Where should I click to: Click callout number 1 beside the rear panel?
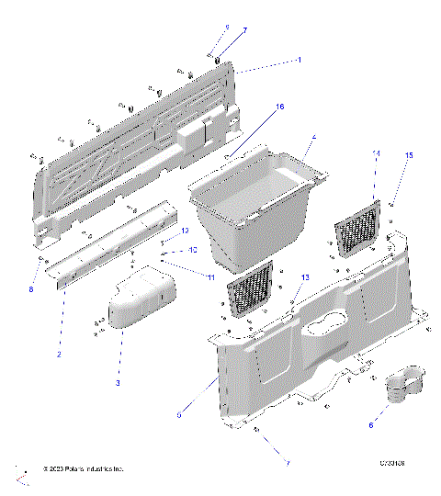point(299,60)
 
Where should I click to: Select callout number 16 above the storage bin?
point(280,107)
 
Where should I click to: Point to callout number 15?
point(410,156)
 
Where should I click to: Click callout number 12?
point(184,231)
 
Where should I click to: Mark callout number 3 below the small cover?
point(118,382)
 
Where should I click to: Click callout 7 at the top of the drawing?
point(244,30)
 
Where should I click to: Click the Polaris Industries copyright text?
point(81,469)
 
